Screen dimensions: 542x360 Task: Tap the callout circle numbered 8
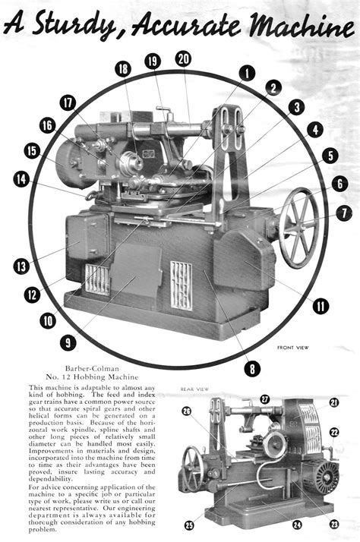click(251, 369)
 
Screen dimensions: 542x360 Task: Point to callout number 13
click(21, 266)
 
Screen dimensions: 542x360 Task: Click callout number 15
click(32, 151)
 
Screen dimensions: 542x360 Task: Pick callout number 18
click(122, 68)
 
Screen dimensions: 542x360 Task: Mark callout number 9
click(69, 343)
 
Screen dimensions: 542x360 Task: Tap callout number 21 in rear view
click(334, 403)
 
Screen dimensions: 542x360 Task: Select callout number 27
click(264, 399)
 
